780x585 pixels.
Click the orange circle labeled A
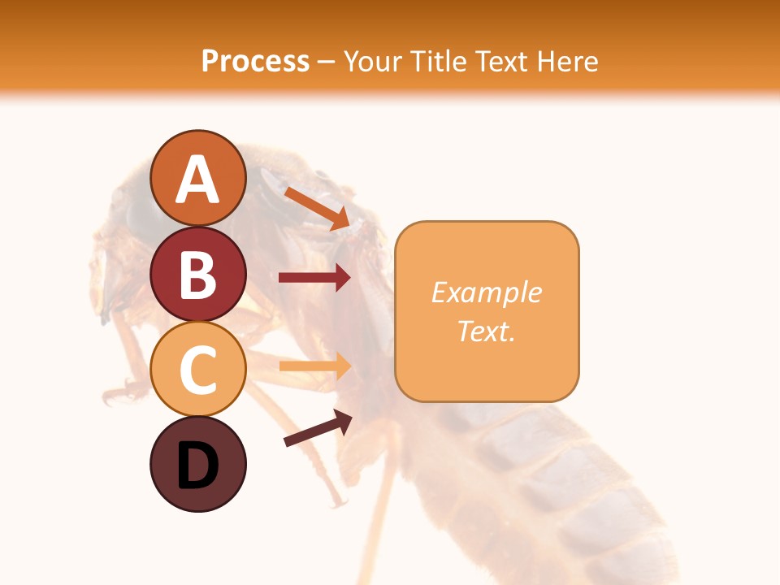tap(197, 178)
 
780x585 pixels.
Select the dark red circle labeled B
tap(197, 274)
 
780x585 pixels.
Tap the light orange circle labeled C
tap(197, 369)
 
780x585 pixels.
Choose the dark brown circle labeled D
tap(197, 464)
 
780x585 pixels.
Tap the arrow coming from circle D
tap(318, 428)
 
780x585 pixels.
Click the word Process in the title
tap(255, 61)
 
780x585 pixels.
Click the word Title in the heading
tap(436, 61)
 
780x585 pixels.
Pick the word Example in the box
tap(487, 292)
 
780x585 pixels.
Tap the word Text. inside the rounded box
tap(487, 331)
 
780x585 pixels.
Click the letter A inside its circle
tap(197, 180)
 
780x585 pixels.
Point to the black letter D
tap(197, 466)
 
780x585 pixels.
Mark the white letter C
tap(197, 370)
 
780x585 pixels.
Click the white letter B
tap(197, 275)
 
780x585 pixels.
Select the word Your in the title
tap(375, 61)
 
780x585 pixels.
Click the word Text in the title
tap(501, 61)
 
